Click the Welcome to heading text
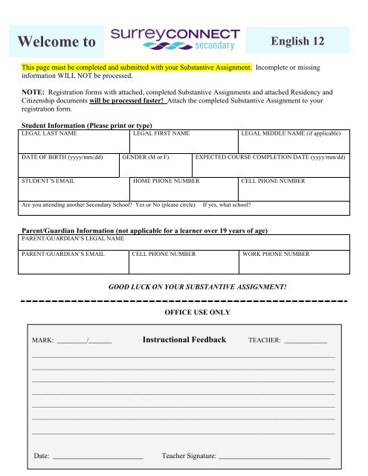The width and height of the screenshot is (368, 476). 58,42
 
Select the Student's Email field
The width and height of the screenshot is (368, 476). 74,188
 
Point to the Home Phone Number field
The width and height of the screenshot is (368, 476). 183,188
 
